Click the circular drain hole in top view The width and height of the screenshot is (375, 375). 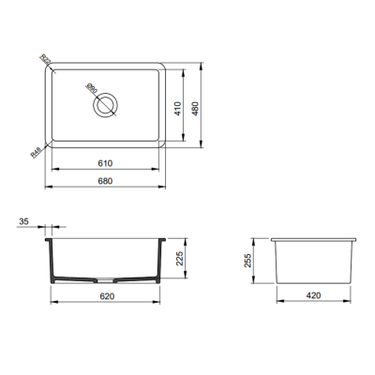click(107, 103)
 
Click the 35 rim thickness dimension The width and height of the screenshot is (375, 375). click(22, 222)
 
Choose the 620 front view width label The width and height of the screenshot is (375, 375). click(106, 295)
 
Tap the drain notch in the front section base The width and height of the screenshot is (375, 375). click(107, 280)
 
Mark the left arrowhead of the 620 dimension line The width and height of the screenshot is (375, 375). click(50, 302)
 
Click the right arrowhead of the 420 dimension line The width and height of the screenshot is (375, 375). click(355, 302)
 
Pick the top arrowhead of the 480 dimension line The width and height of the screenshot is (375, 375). click(205, 67)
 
